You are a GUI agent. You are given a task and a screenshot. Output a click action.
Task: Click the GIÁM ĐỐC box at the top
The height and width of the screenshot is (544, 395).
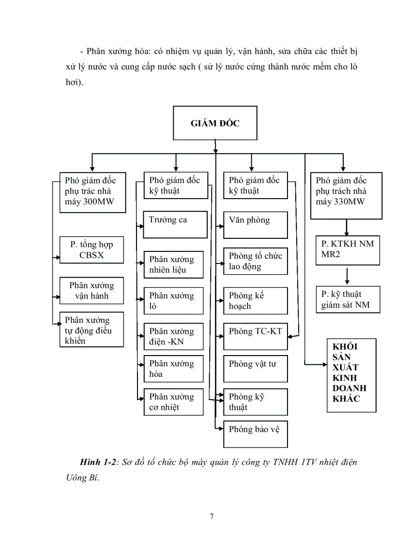(x=215, y=123)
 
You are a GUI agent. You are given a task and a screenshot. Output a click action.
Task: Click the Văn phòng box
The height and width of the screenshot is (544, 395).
(x=255, y=224)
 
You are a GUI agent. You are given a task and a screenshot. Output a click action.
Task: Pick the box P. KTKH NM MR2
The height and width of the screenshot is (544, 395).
(x=348, y=249)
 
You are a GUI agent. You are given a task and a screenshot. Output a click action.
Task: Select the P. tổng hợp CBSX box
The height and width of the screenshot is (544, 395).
(x=91, y=249)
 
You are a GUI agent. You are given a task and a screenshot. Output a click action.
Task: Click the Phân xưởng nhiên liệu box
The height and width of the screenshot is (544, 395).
(x=173, y=264)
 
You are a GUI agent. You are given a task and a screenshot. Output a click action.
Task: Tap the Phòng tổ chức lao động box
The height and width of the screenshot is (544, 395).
(x=255, y=261)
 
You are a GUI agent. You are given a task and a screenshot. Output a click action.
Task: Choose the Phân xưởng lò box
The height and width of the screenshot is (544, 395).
(x=173, y=300)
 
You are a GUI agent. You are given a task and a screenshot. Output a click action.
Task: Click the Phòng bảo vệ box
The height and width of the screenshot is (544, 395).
(x=255, y=434)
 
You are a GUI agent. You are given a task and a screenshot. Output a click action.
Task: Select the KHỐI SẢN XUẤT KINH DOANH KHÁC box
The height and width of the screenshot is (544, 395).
(x=351, y=375)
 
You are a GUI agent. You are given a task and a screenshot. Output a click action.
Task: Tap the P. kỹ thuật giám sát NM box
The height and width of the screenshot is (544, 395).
(x=348, y=299)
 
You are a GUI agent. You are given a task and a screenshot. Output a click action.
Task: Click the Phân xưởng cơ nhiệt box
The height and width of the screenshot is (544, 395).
(x=173, y=402)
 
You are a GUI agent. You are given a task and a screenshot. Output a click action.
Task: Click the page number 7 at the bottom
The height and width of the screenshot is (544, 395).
(x=212, y=516)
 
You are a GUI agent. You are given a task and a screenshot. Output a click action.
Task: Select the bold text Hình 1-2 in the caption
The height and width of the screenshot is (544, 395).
(x=95, y=462)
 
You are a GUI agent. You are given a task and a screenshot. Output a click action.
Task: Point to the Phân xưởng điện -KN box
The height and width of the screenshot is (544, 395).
(x=173, y=337)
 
